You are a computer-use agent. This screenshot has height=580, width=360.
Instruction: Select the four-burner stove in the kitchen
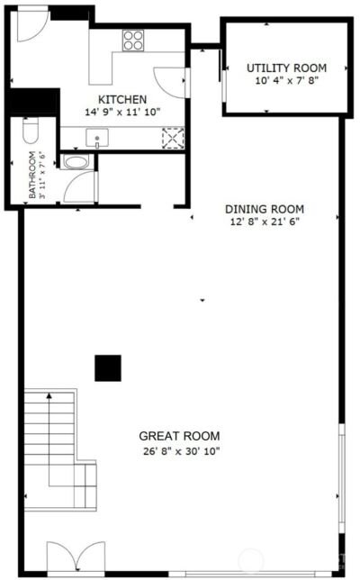point(134,39)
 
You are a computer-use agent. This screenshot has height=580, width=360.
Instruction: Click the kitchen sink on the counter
point(96,138)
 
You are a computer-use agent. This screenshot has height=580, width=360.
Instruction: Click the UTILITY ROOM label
point(286,68)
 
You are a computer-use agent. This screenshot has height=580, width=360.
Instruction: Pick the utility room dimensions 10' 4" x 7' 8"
point(286,80)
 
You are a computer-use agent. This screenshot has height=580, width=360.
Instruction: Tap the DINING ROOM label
point(265,209)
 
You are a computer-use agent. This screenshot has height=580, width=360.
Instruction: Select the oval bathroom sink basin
point(77,163)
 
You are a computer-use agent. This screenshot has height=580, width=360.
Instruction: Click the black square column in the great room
point(108,367)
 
